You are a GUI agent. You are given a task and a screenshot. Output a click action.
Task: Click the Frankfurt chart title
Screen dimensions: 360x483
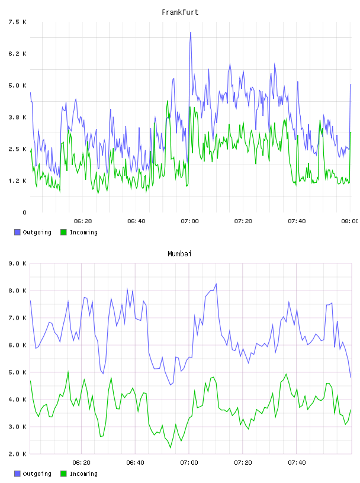pyautogui.click(x=180, y=12)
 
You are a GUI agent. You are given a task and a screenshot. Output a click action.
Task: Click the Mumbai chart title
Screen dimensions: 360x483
pyautogui.click(x=179, y=254)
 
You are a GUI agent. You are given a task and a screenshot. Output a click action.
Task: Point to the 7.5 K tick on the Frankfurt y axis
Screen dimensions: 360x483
pyautogui.click(x=17, y=22)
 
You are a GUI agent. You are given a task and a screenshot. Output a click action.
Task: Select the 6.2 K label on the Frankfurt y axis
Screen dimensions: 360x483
pyautogui.click(x=17, y=54)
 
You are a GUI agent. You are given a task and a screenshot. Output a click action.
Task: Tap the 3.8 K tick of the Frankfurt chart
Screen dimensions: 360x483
pyautogui.click(x=17, y=117)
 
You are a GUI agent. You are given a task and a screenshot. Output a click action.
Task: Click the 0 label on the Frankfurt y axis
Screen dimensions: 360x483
pyautogui.click(x=24, y=212)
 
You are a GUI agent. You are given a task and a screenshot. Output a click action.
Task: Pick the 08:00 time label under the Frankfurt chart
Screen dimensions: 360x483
pyautogui.click(x=349, y=221)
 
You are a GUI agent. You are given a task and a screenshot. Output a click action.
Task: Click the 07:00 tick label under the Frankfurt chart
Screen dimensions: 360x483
pyautogui.click(x=189, y=221)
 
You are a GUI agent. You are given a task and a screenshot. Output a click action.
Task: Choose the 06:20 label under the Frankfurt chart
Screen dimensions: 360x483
pyautogui.click(x=83, y=221)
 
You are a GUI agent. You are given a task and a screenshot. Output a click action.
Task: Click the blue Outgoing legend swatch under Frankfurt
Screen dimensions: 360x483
pyautogui.click(x=17, y=232)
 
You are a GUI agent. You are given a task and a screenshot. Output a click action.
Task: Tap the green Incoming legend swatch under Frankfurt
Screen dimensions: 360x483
pyautogui.click(x=63, y=232)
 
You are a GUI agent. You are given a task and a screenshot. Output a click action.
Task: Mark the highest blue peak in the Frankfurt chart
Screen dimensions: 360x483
pyautogui.click(x=191, y=32)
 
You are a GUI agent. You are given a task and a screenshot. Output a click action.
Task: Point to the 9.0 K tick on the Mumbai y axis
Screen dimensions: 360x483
pyautogui.click(x=17, y=263)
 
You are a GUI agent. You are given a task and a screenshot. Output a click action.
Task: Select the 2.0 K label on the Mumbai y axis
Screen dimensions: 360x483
pyautogui.click(x=17, y=454)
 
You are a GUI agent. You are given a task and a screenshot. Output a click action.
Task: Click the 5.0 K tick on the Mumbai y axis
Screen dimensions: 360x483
pyautogui.click(x=17, y=372)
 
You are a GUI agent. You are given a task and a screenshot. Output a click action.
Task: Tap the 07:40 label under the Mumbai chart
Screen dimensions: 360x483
pyautogui.click(x=297, y=462)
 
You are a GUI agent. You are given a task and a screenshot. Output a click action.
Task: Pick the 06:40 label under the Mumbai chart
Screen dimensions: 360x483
pyautogui.click(x=136, y=462)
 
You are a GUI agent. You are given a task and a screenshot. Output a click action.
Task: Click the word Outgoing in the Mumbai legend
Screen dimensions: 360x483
pyautogui.click(x=37, y=474)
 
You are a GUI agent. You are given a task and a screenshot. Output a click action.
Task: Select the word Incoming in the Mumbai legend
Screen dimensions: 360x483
pyautogui.click(x=83, y=474)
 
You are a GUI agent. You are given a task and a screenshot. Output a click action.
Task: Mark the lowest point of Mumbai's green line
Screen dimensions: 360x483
pyautogui.click(x=171, y=447)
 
